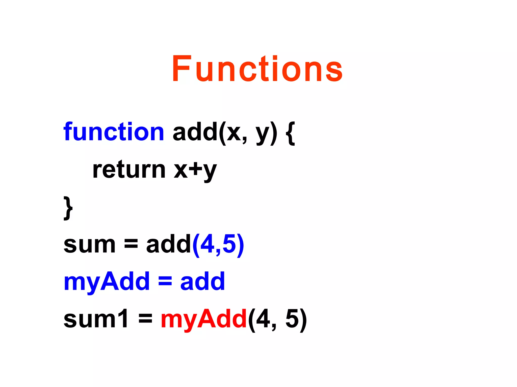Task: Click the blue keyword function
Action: (114, 132)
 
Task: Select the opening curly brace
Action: (291, 134)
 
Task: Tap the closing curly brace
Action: (68, 208)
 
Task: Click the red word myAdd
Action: (203, 319)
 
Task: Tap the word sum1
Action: (96, 319)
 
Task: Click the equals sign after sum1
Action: (145, 319)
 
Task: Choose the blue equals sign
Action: (165, 281)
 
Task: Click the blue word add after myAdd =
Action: (202, 281)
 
